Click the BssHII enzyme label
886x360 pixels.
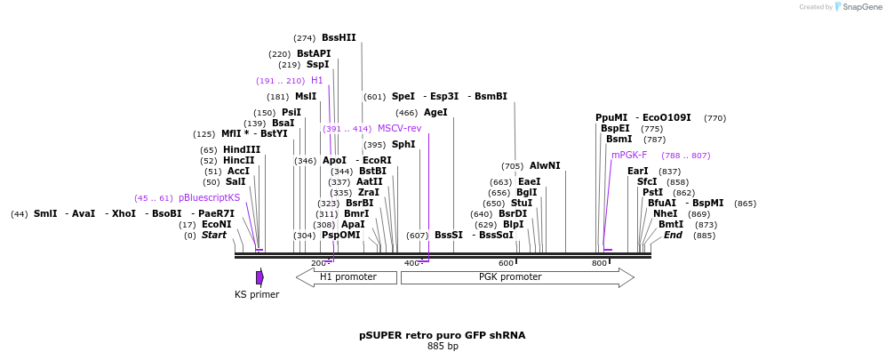[339, 38]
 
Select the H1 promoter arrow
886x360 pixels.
[347, 277]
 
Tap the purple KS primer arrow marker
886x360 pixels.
[259, 277]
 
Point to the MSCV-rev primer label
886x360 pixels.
[399, 129]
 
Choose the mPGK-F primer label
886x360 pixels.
[629, 156]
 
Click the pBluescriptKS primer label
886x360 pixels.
[209, 198]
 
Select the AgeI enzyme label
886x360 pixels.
[435, 113]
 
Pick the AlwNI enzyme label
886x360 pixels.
[545, 166]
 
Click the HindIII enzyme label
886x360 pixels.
[242, 150]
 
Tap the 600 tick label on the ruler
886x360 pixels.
[506, 263]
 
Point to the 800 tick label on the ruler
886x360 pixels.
[599, 263]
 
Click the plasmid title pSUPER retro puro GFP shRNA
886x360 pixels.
[442, 335]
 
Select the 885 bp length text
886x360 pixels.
[443, 347]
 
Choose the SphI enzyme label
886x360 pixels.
[403, 145]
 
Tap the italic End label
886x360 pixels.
[673, 236]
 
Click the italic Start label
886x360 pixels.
[214, 236]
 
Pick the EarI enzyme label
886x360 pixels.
[638, 172]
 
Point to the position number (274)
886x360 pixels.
[305, 38]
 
